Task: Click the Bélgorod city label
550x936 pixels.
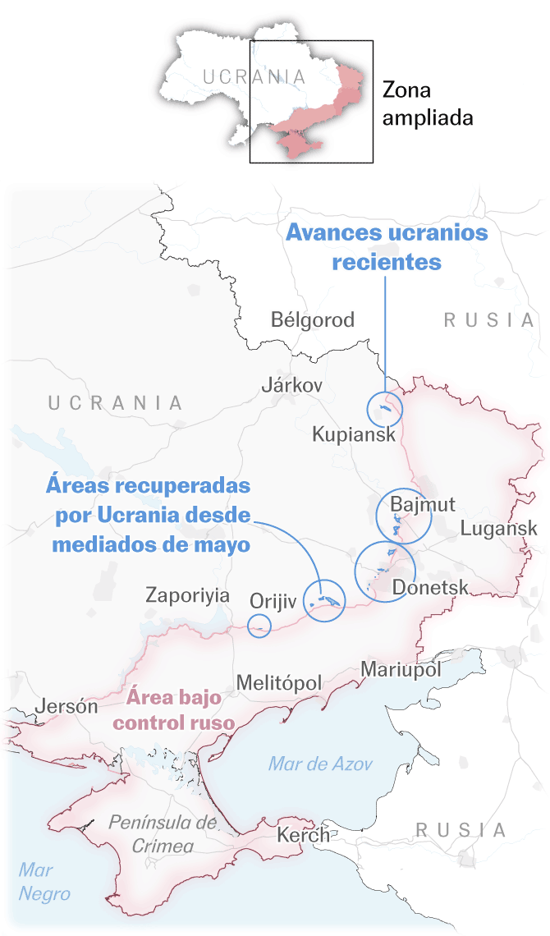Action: [313, 319]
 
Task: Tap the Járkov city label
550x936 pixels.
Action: [291, 384]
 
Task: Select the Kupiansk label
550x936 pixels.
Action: [354, 434]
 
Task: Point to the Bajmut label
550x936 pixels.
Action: [423, 503]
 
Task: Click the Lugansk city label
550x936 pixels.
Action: [498, 528]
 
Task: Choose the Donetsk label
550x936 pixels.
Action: [430, 587]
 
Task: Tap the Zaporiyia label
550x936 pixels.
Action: [187, 595]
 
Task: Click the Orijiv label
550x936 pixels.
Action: [272, 602]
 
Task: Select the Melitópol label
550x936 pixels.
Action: [278, 683]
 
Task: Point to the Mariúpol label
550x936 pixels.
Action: [401, 669]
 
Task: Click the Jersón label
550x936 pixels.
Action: [66, 706]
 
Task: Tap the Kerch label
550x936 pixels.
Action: [303, 835]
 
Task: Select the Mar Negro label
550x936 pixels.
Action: [44, 882]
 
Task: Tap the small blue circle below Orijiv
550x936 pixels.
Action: [259, 626]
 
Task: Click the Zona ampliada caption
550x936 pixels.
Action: [428, 104]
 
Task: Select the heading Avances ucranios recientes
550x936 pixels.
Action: [386, 247]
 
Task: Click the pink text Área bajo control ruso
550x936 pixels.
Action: [174, 710]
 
